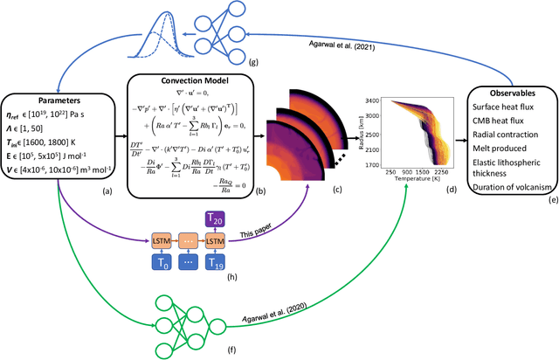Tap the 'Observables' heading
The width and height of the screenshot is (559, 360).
pyautogui.click(x=507, y=95)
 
